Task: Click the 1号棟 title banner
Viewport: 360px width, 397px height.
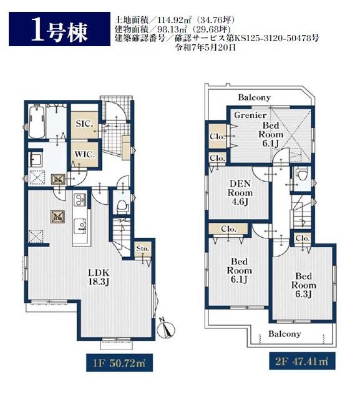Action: coord(59,29)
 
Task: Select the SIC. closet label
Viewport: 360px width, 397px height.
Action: coord(85,124)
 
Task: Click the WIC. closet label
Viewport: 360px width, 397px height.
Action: coord(85,154)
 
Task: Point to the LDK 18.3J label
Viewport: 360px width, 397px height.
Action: coord(99,277)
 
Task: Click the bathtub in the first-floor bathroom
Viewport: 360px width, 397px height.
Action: coord(37,122)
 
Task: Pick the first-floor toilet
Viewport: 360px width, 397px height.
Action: coord(122,206)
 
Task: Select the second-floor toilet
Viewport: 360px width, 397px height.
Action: coord(302,174)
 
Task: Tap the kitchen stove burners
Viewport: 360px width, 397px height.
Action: coord(80,199)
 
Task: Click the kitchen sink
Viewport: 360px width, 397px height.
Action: coord(80,226)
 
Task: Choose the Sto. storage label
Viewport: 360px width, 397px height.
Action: coord(143,248)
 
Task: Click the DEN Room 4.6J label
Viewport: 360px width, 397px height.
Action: coord(240,193)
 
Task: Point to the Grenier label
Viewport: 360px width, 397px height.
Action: coord(250,115)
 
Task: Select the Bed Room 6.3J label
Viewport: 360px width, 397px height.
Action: coord(304,285)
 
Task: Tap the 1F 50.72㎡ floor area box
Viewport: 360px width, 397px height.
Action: coord(119,363)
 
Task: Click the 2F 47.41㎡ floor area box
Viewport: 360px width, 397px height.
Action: coord(302,361)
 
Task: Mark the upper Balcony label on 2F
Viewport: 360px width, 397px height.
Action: coord(255,97)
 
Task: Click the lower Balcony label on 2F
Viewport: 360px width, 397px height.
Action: coord(285,334)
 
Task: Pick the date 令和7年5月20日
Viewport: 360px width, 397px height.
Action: coord(206,47)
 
